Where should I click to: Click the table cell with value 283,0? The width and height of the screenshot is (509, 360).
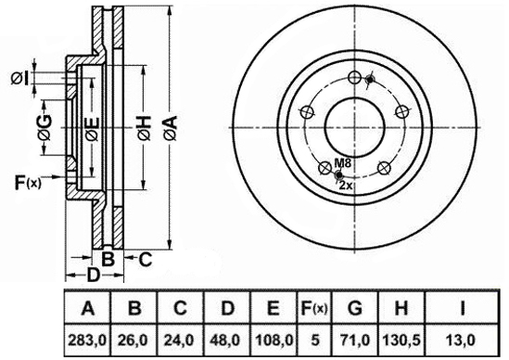[87, 341]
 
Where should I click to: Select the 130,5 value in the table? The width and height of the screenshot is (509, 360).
[401, 341]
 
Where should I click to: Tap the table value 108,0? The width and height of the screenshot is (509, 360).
[274, 341]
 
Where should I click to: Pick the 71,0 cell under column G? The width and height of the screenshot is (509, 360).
[355, 341]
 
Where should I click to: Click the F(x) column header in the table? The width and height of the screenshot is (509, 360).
[314, 308]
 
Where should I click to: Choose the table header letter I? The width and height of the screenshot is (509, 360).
[463, 308]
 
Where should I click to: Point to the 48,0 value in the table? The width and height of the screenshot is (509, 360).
[227, 341]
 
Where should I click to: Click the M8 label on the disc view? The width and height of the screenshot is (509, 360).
[343, 163]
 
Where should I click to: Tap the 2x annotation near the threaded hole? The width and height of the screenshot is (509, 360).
[346, 186]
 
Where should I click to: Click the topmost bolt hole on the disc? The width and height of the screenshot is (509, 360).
[354, 77]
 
